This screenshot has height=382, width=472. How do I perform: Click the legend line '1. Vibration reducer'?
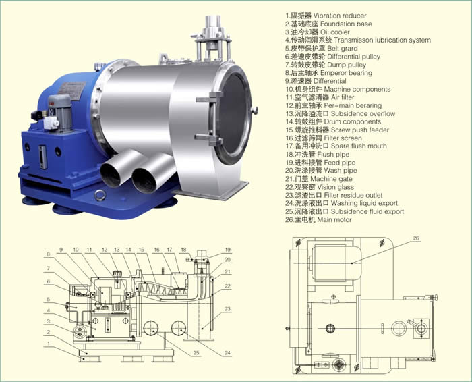click(x=326, y=16)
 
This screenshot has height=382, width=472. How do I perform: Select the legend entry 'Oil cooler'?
click(x=318, y=32)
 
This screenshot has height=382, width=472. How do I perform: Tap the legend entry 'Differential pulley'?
click(x=332, y=57)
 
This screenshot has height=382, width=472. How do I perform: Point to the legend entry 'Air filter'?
click(x=320, y=97)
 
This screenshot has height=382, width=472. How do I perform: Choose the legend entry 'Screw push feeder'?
click(x=337, y=130)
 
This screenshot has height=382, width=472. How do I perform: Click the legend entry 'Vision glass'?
click(x=320, y=187)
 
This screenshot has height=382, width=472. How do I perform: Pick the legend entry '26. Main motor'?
click(x=318, y=219)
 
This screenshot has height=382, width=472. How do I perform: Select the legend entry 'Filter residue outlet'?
click(x=334, y=195)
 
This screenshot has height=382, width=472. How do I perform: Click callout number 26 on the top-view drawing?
click(x=416, y=238)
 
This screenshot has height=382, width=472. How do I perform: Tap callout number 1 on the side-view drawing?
click(x=49, y=344)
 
